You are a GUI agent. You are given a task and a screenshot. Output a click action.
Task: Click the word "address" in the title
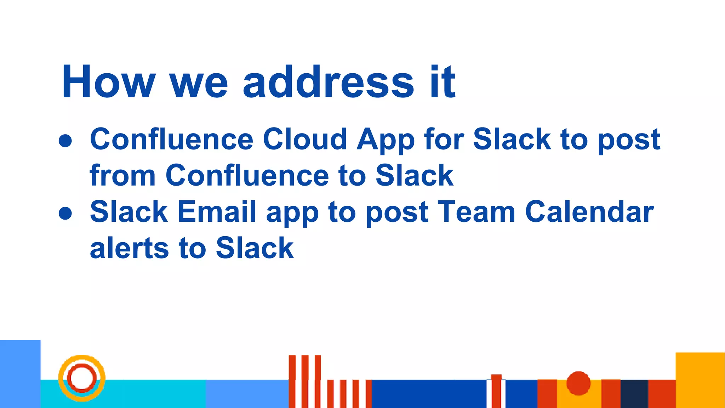tap(328, 82)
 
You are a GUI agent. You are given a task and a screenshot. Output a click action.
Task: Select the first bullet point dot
tap(65, 141)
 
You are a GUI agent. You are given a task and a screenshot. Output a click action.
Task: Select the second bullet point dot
tap(65, 213)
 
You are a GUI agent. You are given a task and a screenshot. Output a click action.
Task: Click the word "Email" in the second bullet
tap(216, 212)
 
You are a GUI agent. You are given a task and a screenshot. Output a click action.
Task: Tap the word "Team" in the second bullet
tap(476, 212)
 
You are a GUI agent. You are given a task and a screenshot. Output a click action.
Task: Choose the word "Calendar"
tap(589, 212)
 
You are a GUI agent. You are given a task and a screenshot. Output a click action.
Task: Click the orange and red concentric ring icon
tap(82, 378)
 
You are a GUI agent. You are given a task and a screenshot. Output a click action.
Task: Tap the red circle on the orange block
tap(578, 383)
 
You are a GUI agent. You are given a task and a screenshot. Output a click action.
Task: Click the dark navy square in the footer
tap(634, 393)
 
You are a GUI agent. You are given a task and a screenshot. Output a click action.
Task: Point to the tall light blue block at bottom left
tap(20, 374)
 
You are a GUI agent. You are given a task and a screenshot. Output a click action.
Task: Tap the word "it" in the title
tap(443, 82)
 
